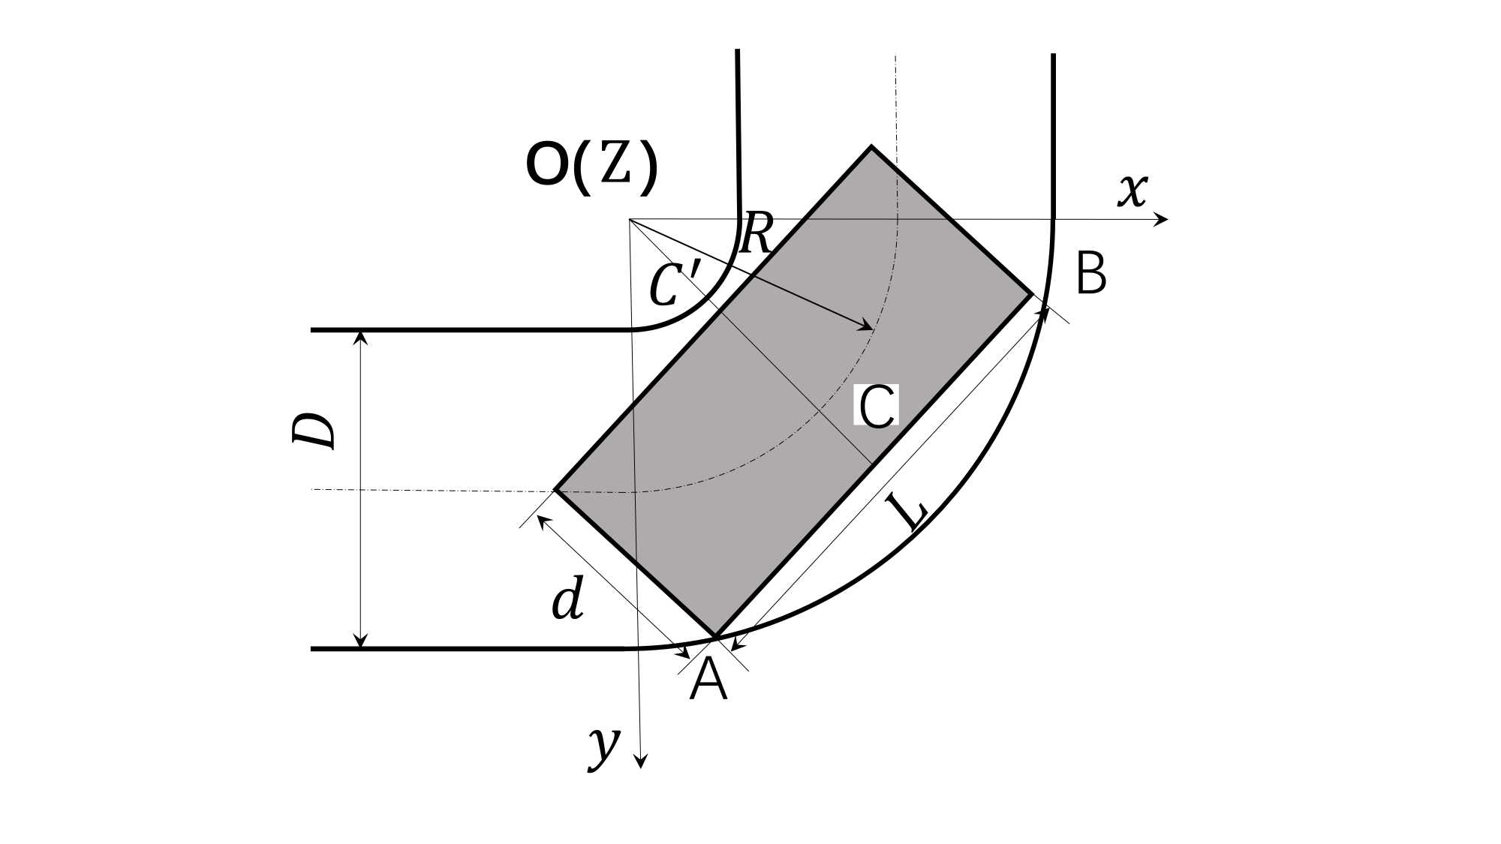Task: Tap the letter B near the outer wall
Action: click(1091, 274)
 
